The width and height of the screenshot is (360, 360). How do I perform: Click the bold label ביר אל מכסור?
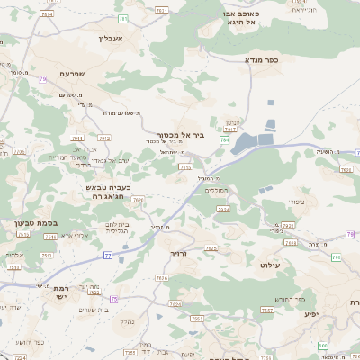[x=186, y=137]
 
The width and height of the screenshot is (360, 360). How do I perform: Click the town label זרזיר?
[x=182, y=254]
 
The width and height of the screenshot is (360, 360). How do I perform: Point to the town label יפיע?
[x=310, y=313]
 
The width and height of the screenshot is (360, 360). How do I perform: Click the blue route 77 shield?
[x=107, y=256]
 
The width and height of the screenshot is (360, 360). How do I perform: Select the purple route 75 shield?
[x=113, y=299]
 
